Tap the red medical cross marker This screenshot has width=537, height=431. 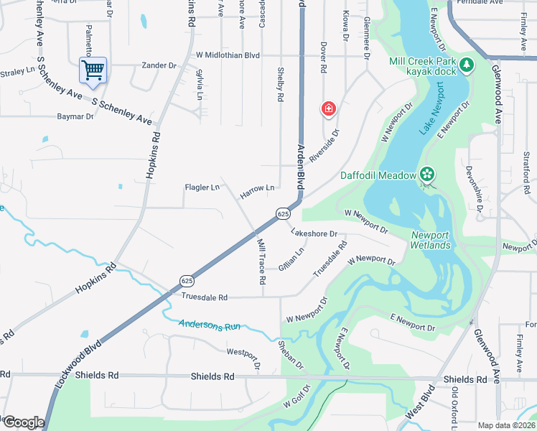(328, 109)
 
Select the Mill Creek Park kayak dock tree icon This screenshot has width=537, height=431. (467, 65)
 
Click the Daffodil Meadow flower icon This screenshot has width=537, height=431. (427, 175)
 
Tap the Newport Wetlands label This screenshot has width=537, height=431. (431, 240)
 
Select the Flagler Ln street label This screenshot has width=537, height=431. (202, 188)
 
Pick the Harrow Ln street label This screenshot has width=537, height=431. (257, 188)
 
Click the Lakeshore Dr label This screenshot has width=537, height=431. (314, 233)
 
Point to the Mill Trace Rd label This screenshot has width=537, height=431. (261, 259)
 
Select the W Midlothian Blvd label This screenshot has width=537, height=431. (218, 55)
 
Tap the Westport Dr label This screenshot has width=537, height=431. (242, 353)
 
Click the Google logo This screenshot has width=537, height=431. (23, 422)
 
